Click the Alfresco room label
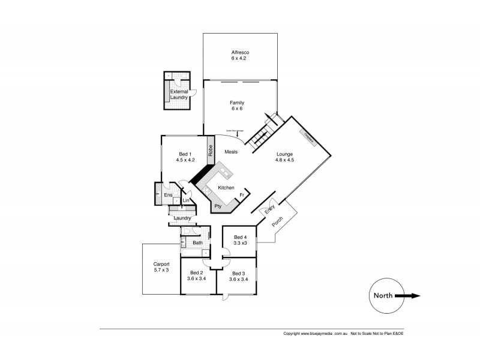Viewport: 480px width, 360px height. point(239,52)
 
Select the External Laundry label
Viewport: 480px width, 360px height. point(179,94)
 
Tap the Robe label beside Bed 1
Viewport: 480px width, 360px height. point(211,151)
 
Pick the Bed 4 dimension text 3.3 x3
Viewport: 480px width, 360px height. point(240,244)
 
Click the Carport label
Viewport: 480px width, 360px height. point(161,264)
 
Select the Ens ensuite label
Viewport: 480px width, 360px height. point(169,195)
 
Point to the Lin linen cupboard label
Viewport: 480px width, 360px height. point(186,200)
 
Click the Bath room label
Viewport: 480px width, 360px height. point(197,242)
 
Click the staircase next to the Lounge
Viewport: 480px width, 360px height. point(262,136)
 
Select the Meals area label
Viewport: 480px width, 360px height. point(231,152)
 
